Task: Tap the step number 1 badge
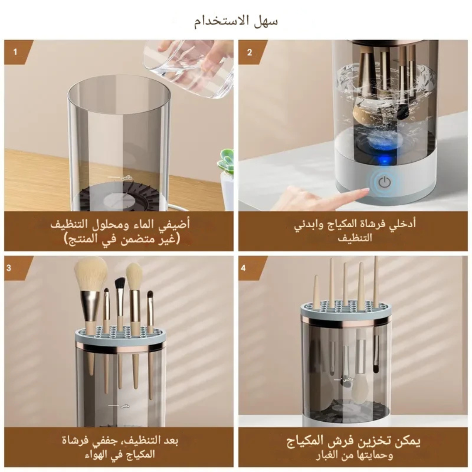click(x=15, y=52)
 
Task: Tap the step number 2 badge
click(x=250, y=52)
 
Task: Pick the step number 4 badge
click(x=243, y=267)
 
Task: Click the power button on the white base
click(x=384, y=183)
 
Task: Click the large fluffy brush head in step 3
click(x=90, y=274)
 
